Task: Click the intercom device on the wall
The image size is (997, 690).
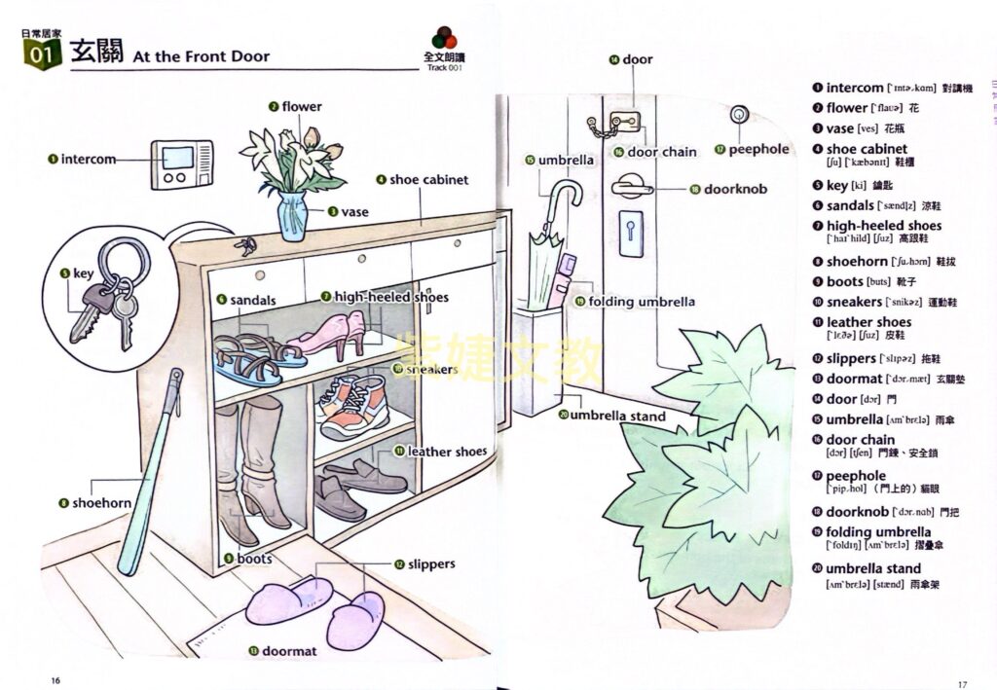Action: (x=181, y=164)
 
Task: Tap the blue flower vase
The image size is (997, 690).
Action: (x=292, y=216)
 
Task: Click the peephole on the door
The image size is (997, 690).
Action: (x=741, y=114)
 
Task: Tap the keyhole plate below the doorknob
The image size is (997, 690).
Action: (x=630, y=233)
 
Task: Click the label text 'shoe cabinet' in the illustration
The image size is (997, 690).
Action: (x=428, y=180)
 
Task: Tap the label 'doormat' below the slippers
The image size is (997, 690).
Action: (x=289, y=651)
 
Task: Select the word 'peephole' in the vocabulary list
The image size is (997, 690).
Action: (x=856, y=476)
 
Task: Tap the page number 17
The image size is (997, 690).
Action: (x=961, y=681)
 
